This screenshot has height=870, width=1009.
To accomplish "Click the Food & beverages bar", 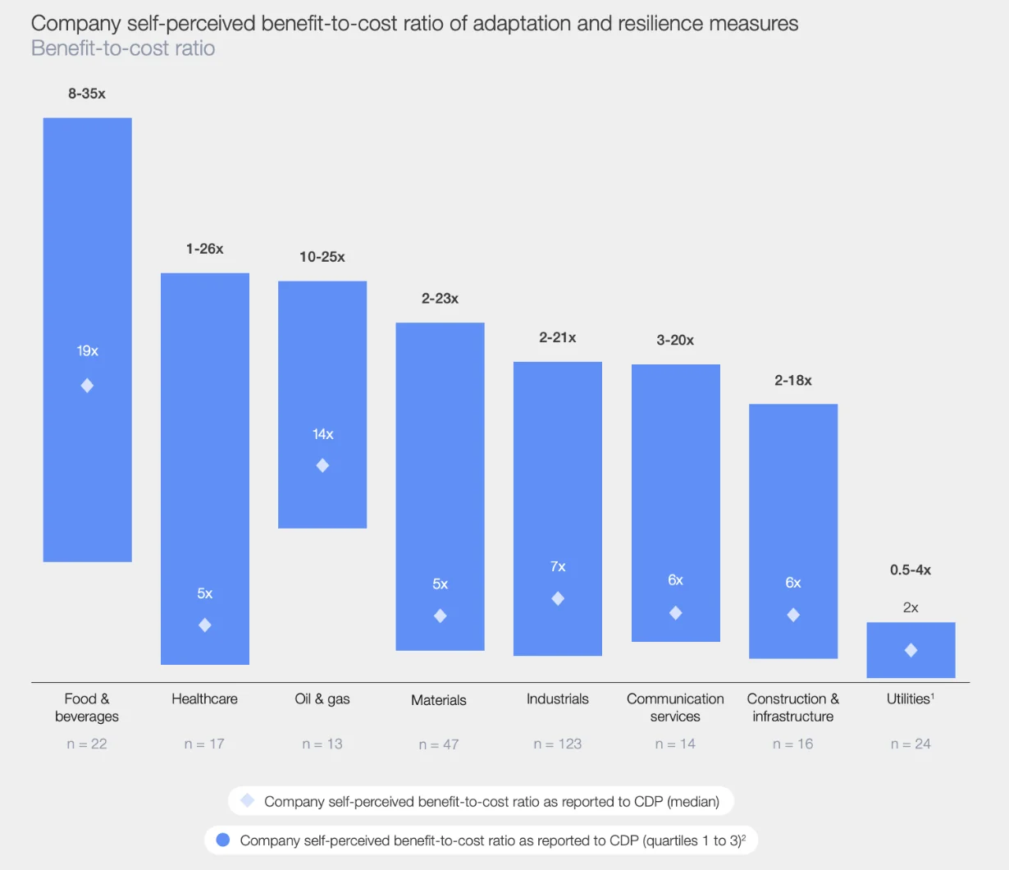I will (87, 246).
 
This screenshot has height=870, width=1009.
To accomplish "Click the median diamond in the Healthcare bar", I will (205, 625).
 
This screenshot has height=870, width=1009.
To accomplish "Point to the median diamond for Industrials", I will (558, 599).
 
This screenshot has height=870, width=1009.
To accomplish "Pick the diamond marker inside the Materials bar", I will (441, 616).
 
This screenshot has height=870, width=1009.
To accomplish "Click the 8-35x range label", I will (87, 94).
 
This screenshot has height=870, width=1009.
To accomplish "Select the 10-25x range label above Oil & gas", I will (322, 257).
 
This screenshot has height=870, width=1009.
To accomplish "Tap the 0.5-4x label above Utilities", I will (911, 570).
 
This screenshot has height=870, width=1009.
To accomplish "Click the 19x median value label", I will (88, 351).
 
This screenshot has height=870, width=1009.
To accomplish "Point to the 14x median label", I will (323, 434).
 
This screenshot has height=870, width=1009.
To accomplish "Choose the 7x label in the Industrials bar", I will (558, 566).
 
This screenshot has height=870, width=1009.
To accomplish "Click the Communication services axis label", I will (675, 707).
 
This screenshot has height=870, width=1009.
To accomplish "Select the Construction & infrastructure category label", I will (793, 707).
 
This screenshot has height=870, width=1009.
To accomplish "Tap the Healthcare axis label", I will (204, 699).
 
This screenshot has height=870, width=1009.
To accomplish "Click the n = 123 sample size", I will (558, 744).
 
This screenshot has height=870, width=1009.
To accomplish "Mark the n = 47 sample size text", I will (439, 744).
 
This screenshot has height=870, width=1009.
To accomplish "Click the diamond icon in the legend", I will (247, 800).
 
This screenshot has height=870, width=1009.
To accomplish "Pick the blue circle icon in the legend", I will (222, 840).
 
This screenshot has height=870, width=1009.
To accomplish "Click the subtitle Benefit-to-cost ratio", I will (123, 48).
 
